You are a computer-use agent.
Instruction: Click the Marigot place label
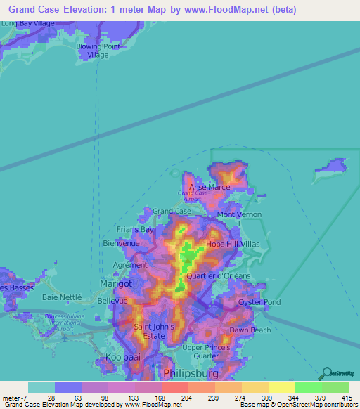(x=116, y=284)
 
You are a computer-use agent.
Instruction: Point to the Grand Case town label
(x=172, y=211)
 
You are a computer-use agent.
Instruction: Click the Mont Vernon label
(x=239, y=214)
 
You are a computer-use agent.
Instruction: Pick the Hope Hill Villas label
(x=233, y=245)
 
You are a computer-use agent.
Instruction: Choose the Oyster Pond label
(x=259, y=302)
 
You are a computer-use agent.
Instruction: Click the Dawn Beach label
(x=250, y=330)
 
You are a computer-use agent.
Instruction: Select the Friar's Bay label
(x=135, y=229)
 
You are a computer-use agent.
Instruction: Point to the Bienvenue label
(x=122, y=243)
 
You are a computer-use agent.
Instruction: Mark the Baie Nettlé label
(x=62, y=297)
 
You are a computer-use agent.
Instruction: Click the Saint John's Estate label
(x=152, y=331)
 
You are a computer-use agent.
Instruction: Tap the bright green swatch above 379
(x=308, y=387)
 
